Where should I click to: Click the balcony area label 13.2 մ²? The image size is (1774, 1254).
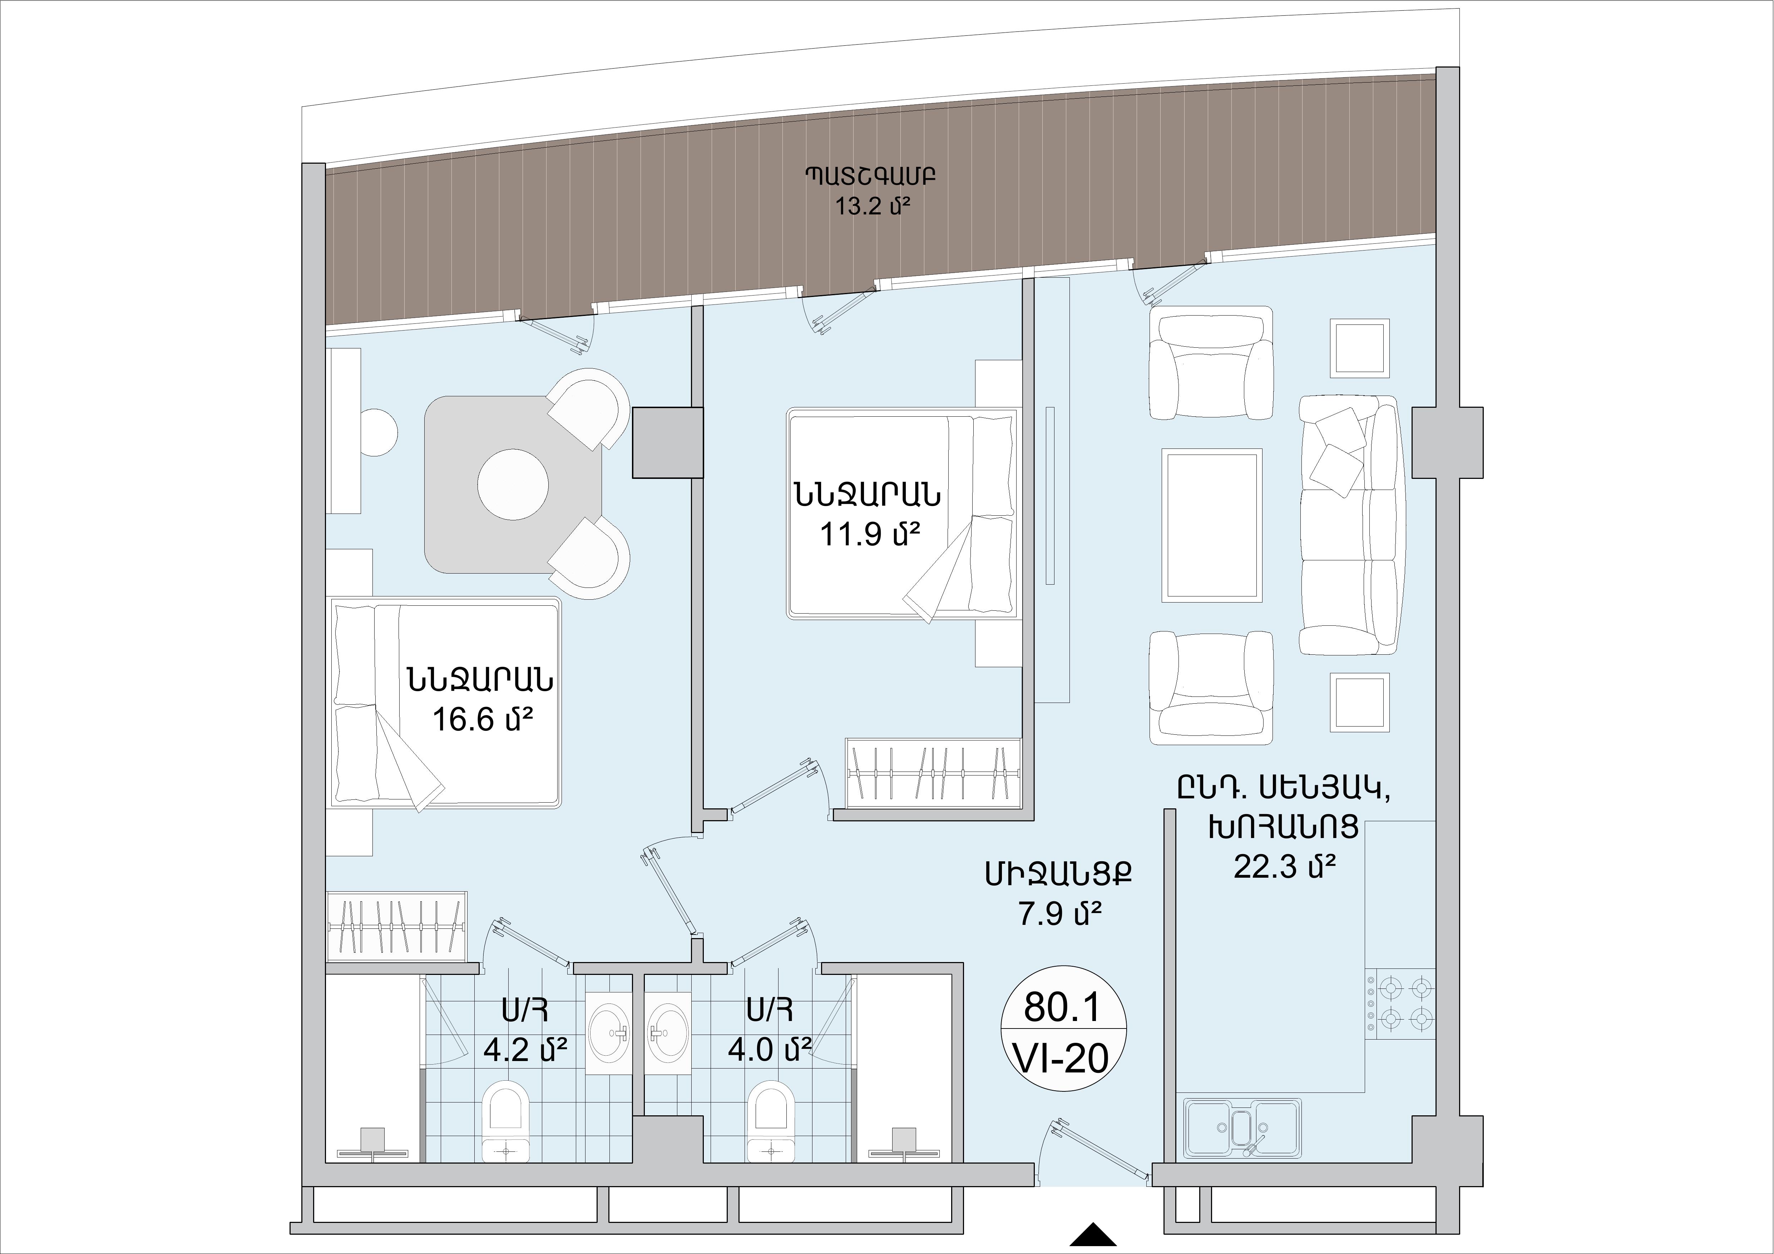pos(869,207)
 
